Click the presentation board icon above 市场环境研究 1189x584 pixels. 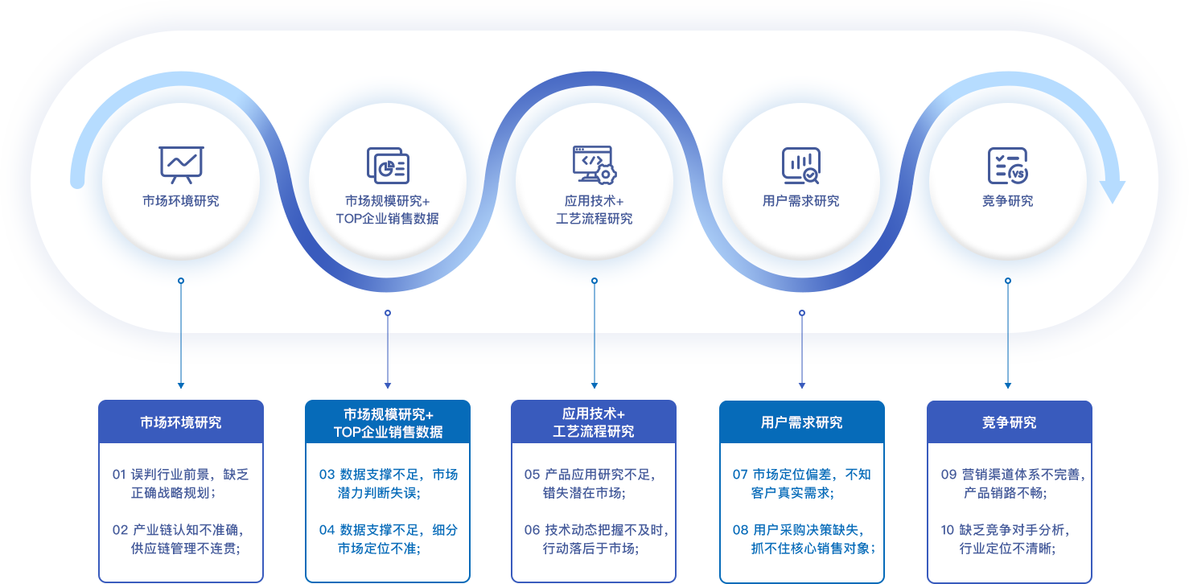[x=181, y=164]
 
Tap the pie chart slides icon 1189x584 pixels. [x=388, y=166]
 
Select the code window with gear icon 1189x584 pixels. [x=594, y=164]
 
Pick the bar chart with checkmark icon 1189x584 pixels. [x=801, y=166]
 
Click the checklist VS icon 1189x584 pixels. [x=1008, y=166]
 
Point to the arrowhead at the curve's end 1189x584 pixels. [x=1112, y=191]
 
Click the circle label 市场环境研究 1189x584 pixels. [x=181, y=201]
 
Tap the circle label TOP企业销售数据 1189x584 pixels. [x=388, y=219]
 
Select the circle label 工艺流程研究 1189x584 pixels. [x=594, y=219]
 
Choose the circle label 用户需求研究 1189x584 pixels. [x=801, y=201]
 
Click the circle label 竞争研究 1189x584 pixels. [x=1008, y=201]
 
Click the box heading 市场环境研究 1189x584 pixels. [x=181, y=422]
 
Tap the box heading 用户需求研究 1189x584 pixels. [x=802, y=422]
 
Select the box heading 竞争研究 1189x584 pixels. [x=1009, y=422]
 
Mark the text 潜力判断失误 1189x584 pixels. [x=380, y=492]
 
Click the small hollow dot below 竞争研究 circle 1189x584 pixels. [x=1008, y=281]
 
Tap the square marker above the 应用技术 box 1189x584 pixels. [x=594, y=386]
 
